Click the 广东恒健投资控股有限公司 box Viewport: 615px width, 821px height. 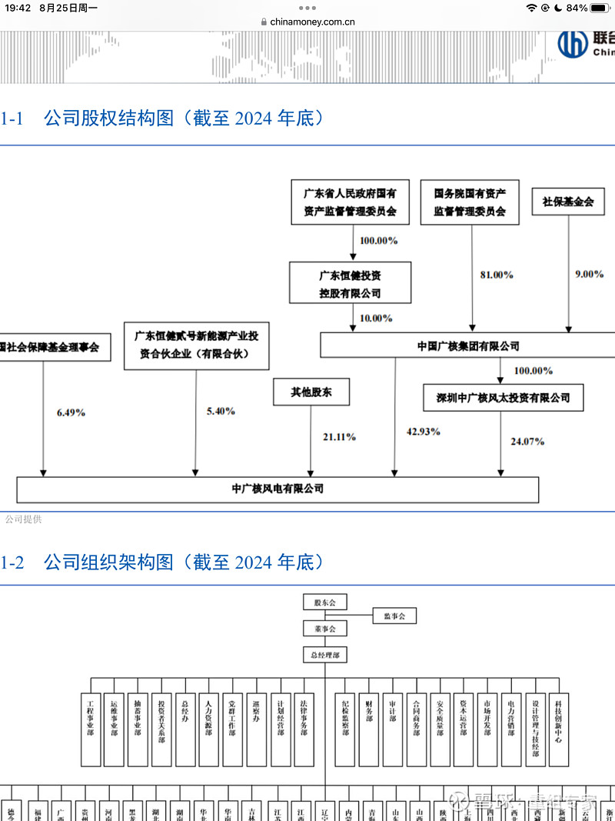pyautogui.click(x=350, y=282)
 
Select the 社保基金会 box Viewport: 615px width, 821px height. pyautogui.click(x=568, y=202)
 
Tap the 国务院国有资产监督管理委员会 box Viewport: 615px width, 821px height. pyautogui.click(x=469, y=202)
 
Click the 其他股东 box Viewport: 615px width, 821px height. pyautogui.click(x=311, y=392)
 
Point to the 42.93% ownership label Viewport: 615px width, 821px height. pyautogui.click(x=423, y=432)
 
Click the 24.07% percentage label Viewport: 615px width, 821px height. pyautogui.click(x=527, y=442)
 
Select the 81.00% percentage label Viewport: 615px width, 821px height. pyautogui.click(x=497, y=275)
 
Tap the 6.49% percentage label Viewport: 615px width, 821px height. pyautogui.click(x=71, y=412)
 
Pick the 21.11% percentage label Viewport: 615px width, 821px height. pyautogui.click(x=338, y=437)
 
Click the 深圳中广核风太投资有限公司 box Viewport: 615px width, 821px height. pyautogui.click(x=503, y=398)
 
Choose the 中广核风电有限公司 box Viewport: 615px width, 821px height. pyautogui.click(x=278, y=489)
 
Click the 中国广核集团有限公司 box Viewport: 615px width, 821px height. pyautogui.click(x=467, y=346)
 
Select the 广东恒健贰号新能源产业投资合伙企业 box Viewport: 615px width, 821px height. pyautogui.click(x=196, y=345)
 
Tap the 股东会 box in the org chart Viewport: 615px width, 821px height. pyautogui.click(x=324, y=603)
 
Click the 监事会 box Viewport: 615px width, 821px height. pyautogui.click(x=394, y=616)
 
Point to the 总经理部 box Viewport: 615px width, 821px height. pyautogui.click(x=324, y=655)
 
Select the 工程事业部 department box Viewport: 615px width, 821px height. pyautogui.click(x=91, y=729)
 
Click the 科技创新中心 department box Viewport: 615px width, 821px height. pyautogui.click(x=559, y=729)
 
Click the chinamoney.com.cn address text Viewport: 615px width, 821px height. pyautogui.click(x=312, y=22)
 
